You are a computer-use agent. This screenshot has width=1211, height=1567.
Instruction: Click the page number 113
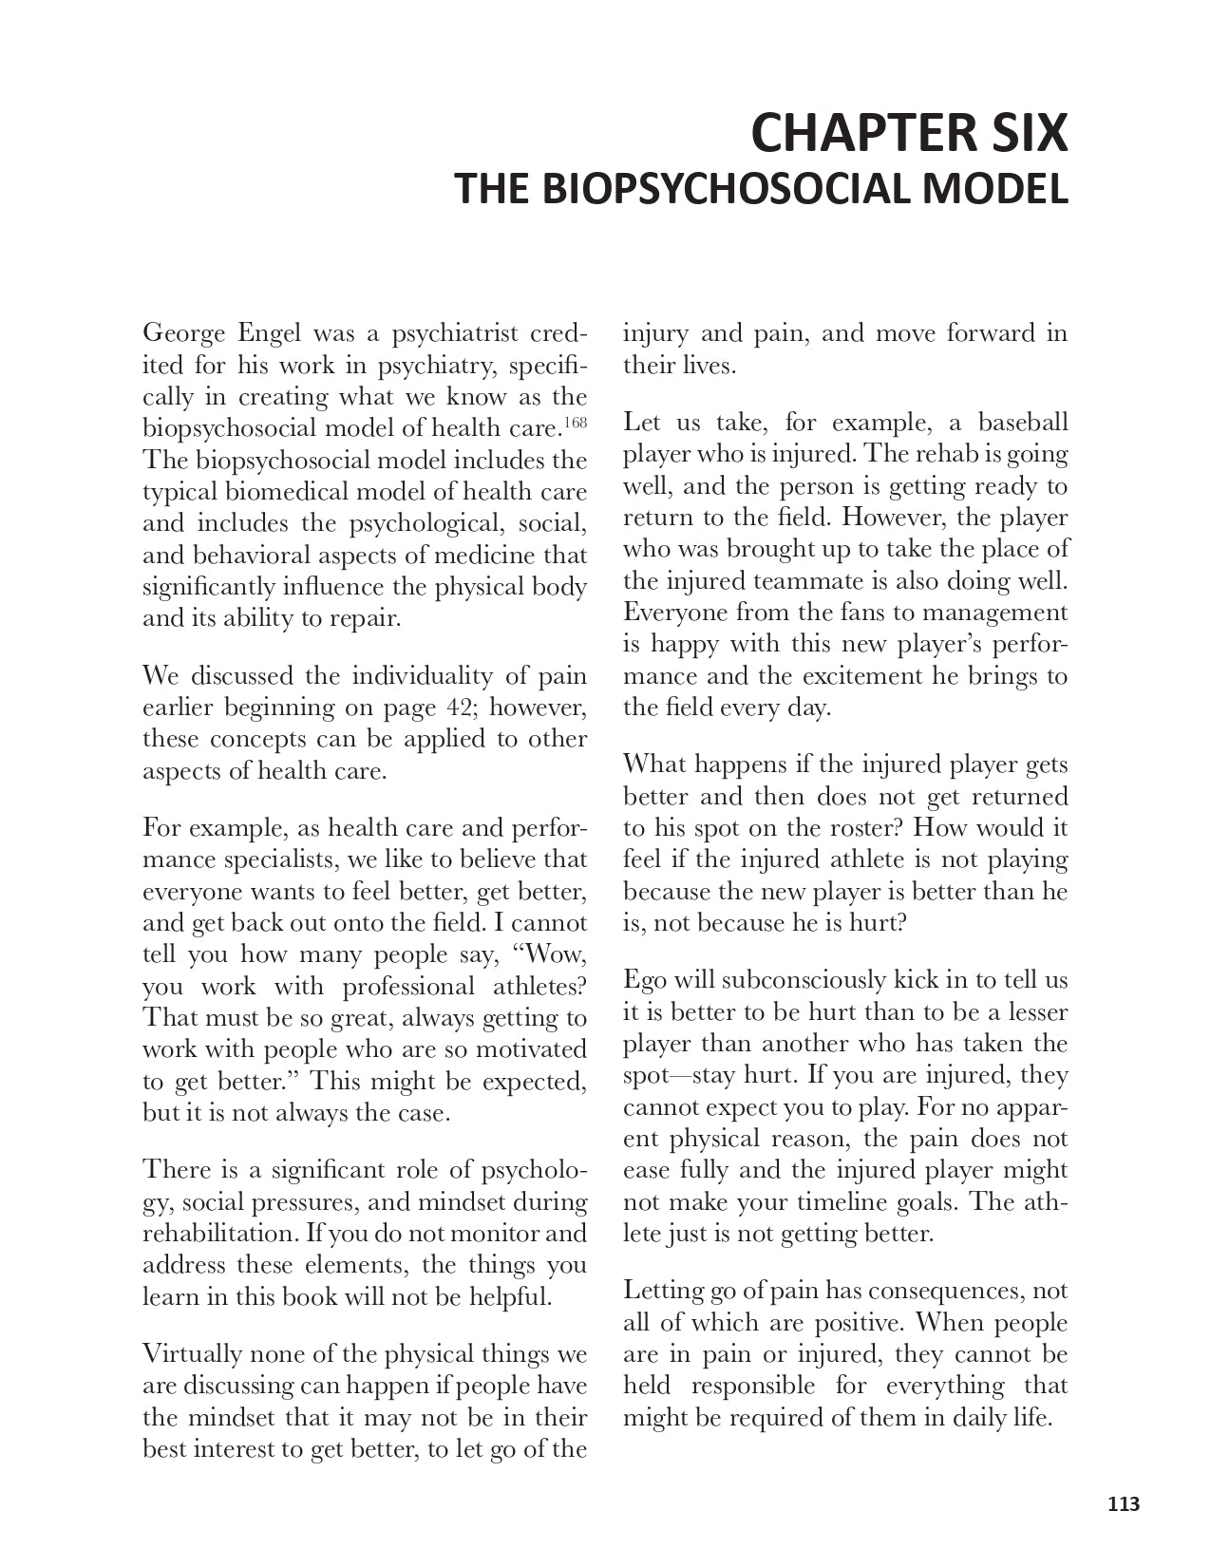(1124, 1503)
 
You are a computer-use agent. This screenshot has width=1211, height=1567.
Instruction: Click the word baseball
(1023, 423)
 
